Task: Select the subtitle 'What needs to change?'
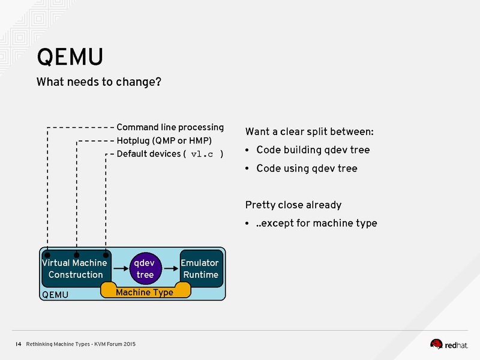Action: click(98, 82)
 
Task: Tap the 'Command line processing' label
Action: click(170, 127)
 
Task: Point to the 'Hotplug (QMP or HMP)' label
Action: click(164, 141)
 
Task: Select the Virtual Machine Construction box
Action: click(75, 268)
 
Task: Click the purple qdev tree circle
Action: click(145, 268)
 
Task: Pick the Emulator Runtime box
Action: click(201, 268)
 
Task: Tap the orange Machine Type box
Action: click(145, 292)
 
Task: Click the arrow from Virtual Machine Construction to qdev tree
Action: click(120, 269)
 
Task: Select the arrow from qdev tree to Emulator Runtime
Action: click(170, 269)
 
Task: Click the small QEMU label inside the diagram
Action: click(55, 295)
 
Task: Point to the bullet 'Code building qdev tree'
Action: click(313, 150)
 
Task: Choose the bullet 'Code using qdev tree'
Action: click(307, 169)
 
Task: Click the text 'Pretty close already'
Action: click(293, 205)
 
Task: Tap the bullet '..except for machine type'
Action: click(316, 223)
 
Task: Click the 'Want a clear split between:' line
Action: click(310, 131)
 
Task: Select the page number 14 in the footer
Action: click(18, 344)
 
